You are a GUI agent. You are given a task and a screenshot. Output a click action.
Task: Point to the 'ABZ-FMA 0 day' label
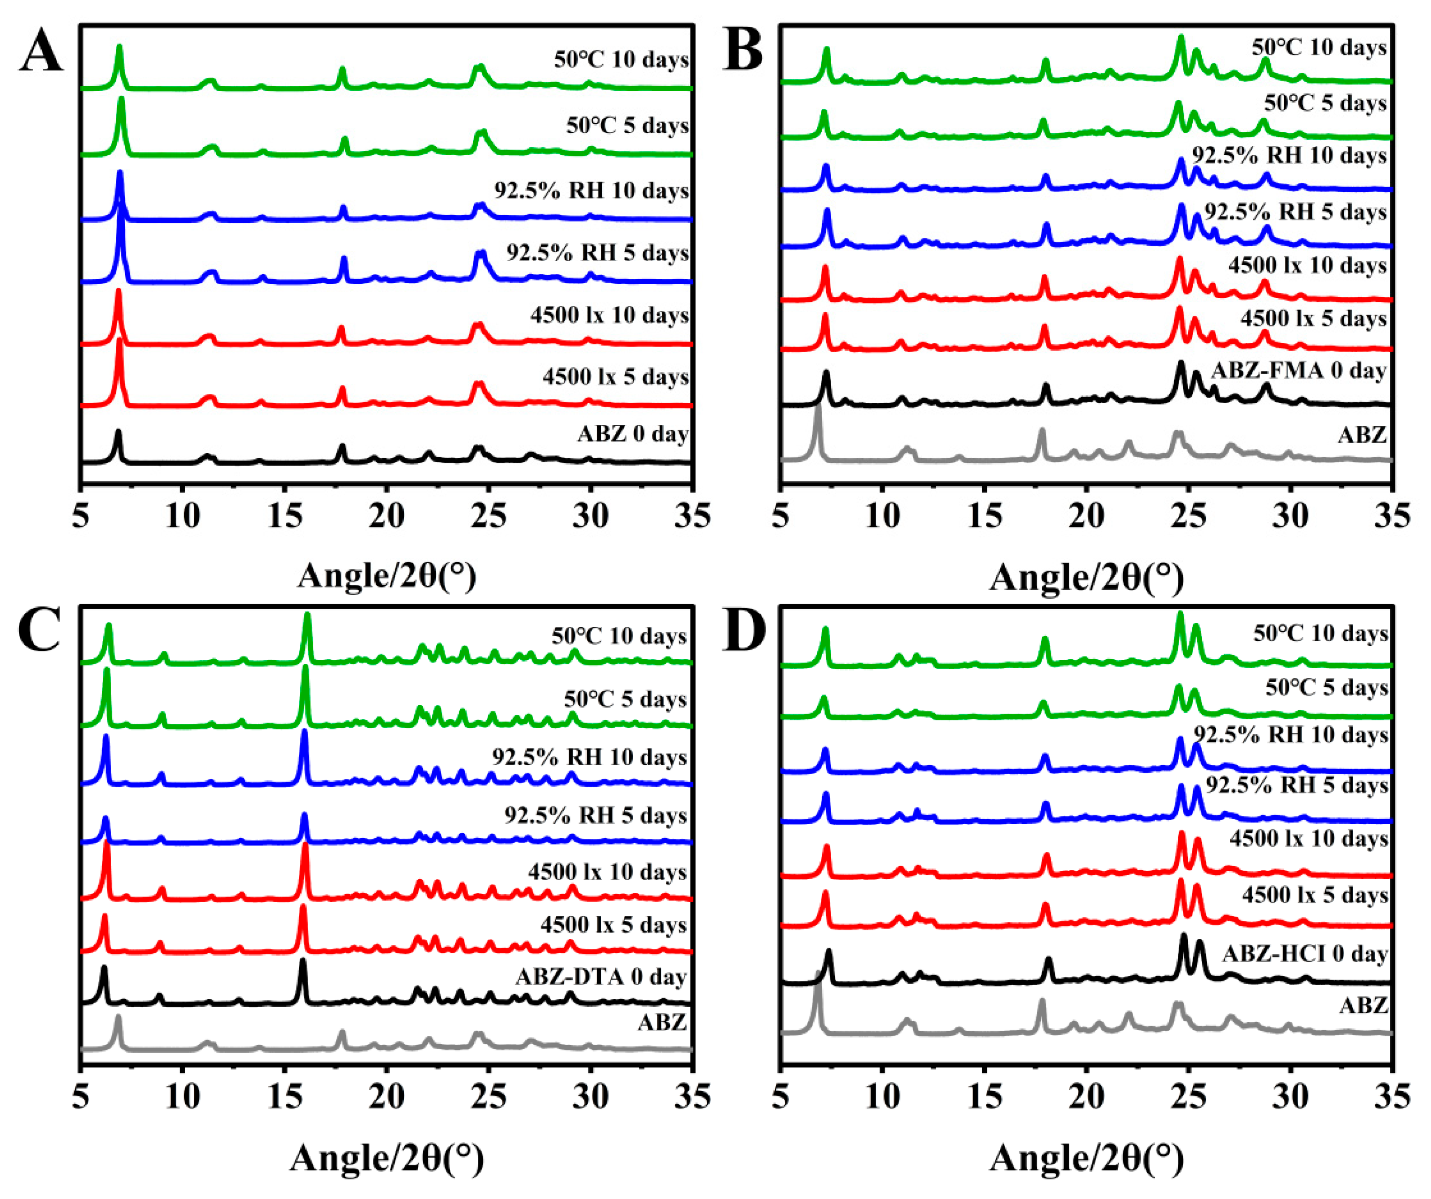tap(1298, 371)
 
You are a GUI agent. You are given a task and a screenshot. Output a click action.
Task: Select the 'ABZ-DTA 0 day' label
tap(600, 977)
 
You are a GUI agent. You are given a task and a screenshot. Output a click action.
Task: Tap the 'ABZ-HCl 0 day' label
tap(1305, 954)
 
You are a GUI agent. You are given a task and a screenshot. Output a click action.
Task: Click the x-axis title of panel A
tap(386, 576)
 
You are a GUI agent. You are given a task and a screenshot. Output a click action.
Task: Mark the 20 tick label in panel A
tap(386, 516)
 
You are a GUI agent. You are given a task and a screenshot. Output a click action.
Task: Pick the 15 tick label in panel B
tap(984, 516)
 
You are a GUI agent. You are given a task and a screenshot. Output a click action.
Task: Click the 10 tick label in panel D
tap(882, 1098)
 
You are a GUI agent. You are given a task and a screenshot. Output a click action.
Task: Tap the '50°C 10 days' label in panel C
tap(619, 636)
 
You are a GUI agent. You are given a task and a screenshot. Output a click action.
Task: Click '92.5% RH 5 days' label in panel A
tap(597, 253)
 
